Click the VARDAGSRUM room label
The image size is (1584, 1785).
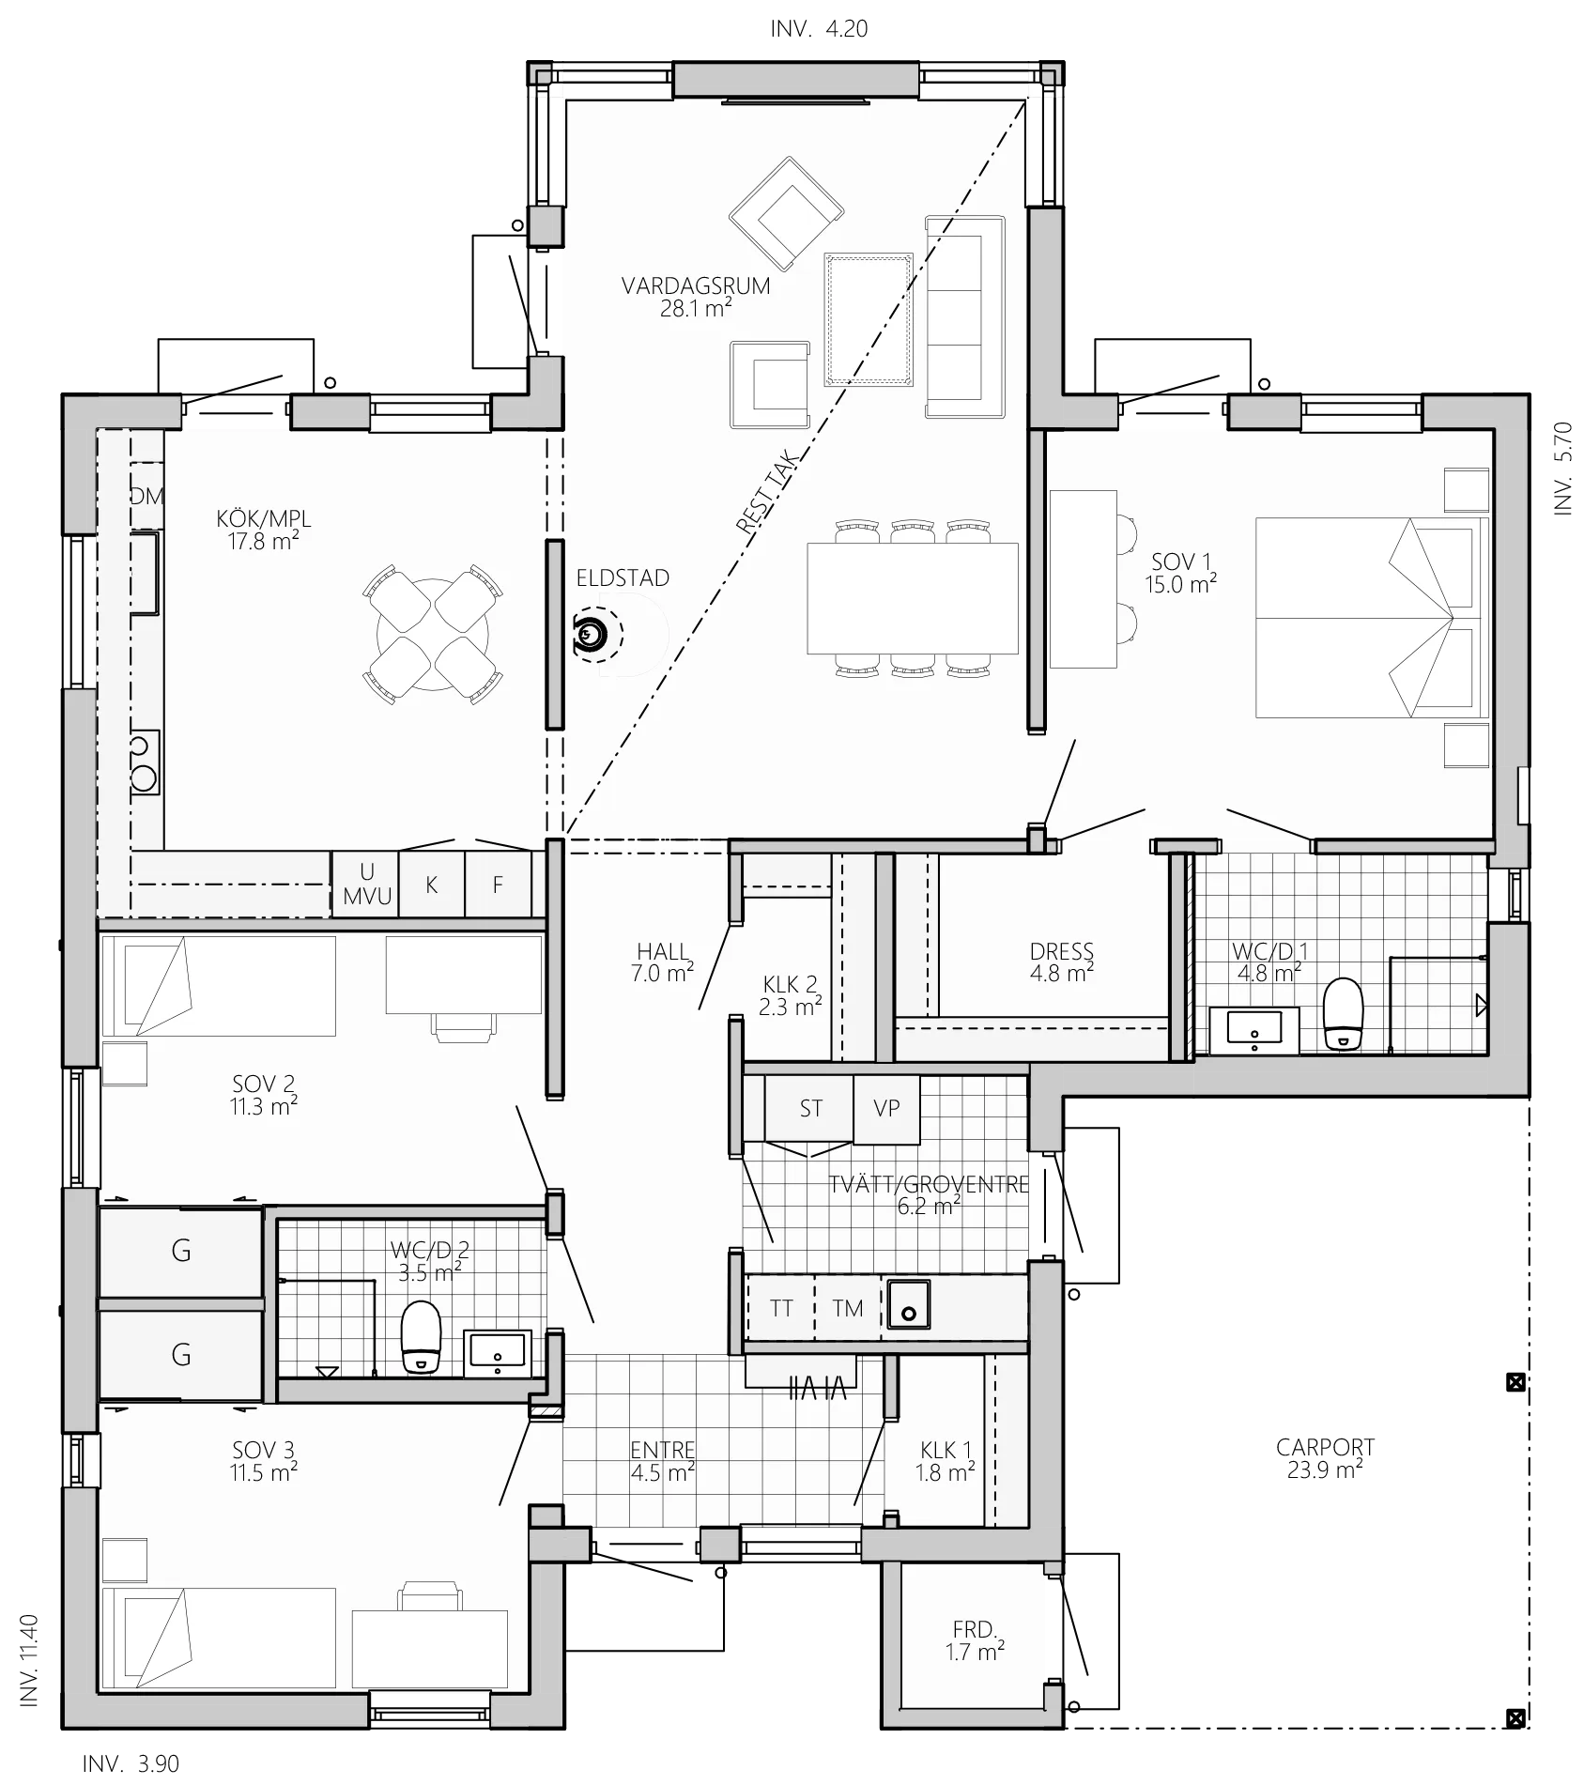pos(696,285)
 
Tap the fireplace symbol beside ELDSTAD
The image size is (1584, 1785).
pos(589,637)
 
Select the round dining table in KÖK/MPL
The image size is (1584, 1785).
pos(432,633)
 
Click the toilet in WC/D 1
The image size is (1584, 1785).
pos(1343,1014)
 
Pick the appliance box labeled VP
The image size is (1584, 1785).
pos(886,1109)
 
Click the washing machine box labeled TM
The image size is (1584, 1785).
pos(847,1308)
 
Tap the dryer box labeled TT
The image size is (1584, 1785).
pos(780,1308)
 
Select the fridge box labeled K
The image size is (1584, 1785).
pos(432,885)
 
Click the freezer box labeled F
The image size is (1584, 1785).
pos(499,885)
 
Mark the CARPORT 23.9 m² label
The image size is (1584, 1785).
pos(1325,1458)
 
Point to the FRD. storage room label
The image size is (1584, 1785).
pos(974,1640)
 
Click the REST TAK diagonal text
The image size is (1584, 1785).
pos(768,493)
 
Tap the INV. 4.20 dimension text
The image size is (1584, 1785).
pos(819,29)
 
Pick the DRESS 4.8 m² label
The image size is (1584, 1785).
pos(1062,962)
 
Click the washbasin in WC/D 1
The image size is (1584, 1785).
pos(1254,1030)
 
